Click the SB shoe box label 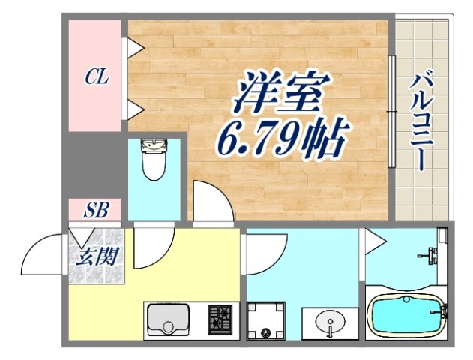pos(96,211)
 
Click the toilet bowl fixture pos(154,160)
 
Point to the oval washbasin pos(331,325)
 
